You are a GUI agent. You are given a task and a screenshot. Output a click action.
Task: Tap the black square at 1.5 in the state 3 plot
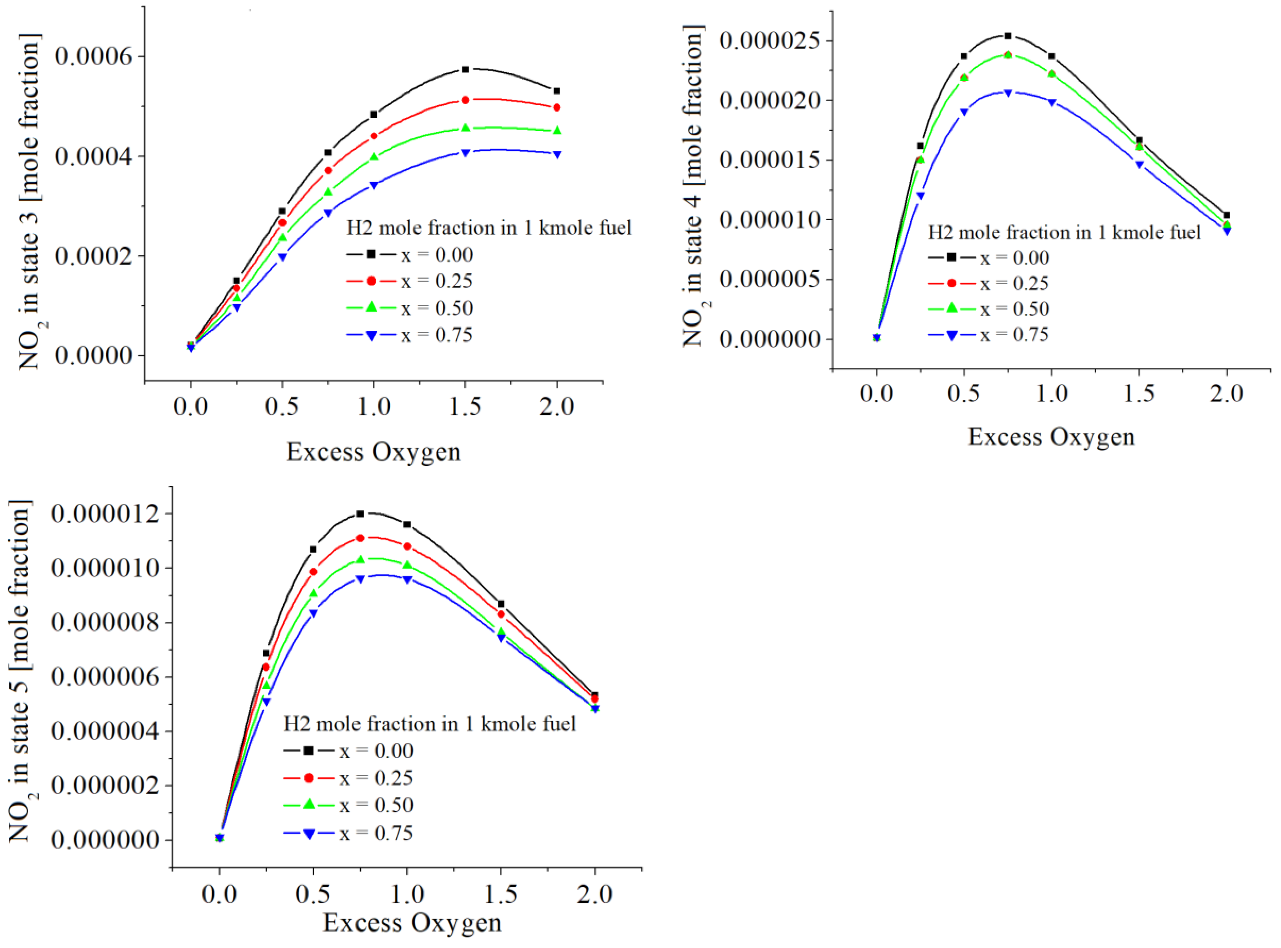point(465,69)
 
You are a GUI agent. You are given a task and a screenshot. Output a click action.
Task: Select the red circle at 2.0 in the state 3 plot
point(556,107)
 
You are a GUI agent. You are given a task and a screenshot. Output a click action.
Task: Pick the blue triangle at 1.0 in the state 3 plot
point(373,185)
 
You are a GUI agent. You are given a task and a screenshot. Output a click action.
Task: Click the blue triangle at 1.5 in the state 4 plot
point(1139,165)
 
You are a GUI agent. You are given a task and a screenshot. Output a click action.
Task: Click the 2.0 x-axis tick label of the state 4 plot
point(1226,394)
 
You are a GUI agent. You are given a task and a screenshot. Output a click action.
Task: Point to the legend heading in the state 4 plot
point(1064,232)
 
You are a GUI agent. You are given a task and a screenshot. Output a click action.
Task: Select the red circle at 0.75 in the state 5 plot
point(360,538)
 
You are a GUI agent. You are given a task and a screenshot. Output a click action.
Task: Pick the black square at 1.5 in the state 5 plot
point(501,604)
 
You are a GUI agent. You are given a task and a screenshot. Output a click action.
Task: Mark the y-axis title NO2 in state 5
point(20,671)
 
